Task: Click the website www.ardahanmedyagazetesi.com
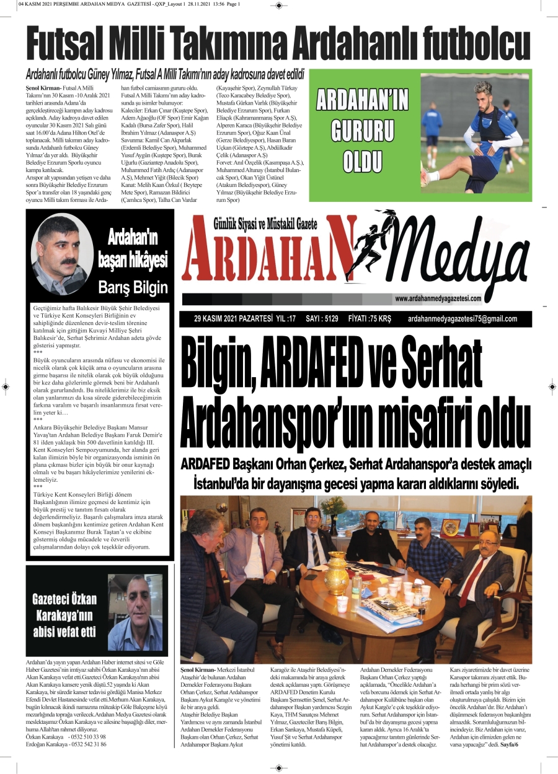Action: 438,298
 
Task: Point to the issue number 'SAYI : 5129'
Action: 322,320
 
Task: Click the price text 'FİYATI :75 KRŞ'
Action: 371,320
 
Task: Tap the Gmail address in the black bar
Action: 463,320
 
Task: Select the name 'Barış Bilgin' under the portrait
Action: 133,287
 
